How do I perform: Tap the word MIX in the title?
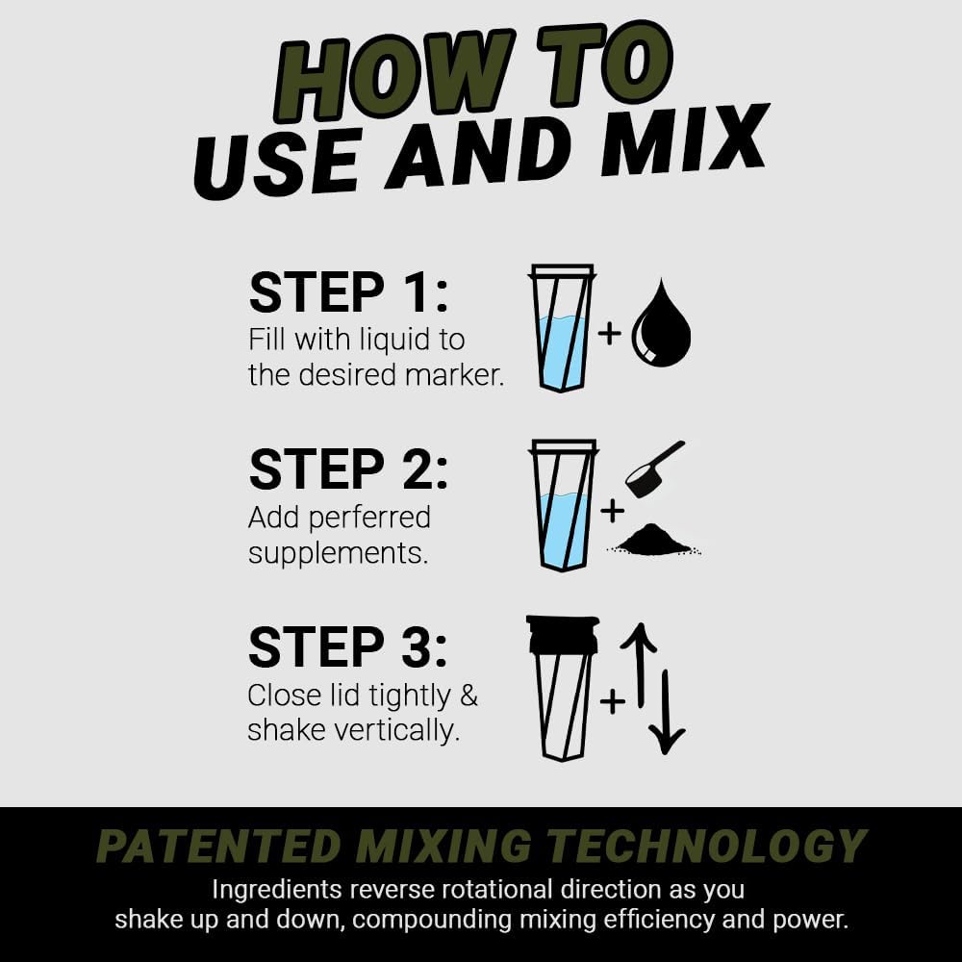693,149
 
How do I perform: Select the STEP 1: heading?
348,292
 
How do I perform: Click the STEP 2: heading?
348,469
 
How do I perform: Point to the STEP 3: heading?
348,646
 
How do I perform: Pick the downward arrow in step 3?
666,712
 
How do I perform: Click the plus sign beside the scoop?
612,511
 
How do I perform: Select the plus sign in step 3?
612,701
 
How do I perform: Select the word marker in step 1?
453,375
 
